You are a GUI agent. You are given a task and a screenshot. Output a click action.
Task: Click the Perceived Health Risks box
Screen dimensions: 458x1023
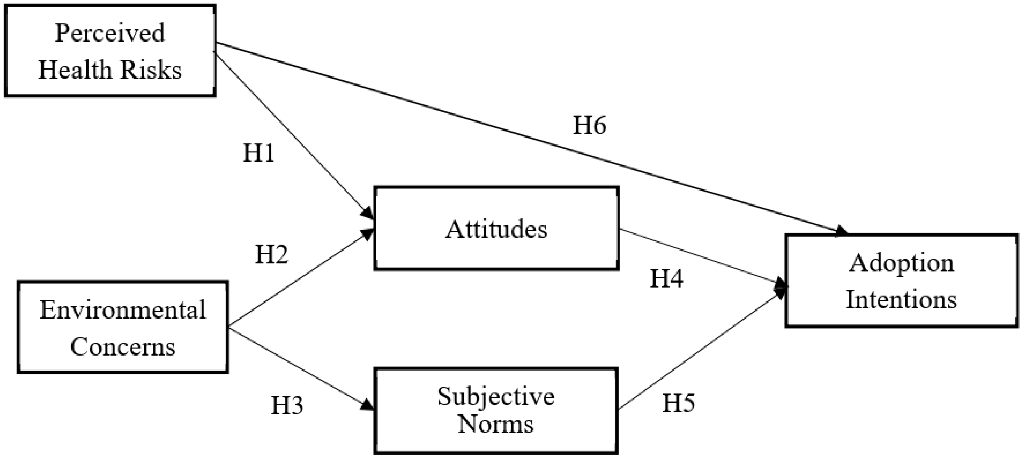110,50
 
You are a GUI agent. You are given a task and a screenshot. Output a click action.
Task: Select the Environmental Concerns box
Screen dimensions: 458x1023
122,327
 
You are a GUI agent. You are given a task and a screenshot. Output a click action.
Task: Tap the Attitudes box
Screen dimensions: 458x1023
496,228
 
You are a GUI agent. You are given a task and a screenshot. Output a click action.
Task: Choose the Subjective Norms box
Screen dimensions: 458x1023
495,410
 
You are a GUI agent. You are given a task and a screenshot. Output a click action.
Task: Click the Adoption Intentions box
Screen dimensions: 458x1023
902,281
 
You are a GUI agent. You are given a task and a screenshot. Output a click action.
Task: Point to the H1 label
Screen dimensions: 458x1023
258,153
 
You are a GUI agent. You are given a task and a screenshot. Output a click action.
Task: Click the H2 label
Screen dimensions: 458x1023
271,254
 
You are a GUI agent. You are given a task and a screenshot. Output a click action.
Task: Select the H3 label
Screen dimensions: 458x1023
287,406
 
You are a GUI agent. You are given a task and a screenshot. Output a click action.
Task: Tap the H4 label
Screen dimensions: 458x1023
666,279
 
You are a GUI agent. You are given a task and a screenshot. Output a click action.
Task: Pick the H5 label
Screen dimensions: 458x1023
678,403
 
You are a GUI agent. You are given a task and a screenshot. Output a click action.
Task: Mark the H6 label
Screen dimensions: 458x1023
589,125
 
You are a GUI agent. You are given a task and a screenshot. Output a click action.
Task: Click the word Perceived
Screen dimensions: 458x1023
110,33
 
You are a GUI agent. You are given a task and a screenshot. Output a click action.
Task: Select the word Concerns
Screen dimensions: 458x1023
122,347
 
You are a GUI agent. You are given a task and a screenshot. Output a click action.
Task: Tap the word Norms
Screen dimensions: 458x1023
495,424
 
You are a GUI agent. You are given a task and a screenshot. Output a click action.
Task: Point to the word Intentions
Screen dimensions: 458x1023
901,299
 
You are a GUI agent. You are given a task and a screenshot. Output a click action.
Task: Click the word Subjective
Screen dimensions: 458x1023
495,397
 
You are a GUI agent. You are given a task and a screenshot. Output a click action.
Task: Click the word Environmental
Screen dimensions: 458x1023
122,310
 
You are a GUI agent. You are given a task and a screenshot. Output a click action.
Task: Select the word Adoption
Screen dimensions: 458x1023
901,263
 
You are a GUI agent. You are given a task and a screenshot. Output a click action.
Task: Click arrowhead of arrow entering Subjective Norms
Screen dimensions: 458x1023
368,406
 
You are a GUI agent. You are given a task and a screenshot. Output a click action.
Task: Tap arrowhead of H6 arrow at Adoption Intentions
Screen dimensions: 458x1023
841,231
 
